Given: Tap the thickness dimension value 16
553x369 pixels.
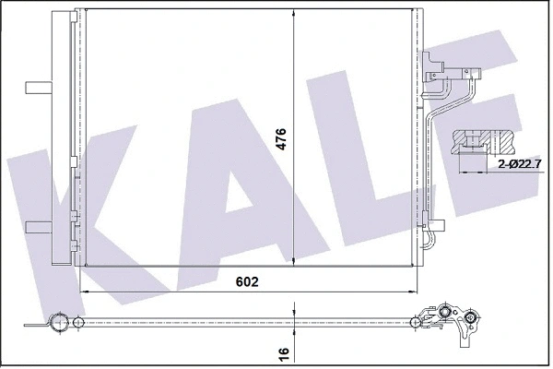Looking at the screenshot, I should [x=285, y=351].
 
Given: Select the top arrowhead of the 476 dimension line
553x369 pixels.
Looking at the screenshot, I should [x=293, y=12].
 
